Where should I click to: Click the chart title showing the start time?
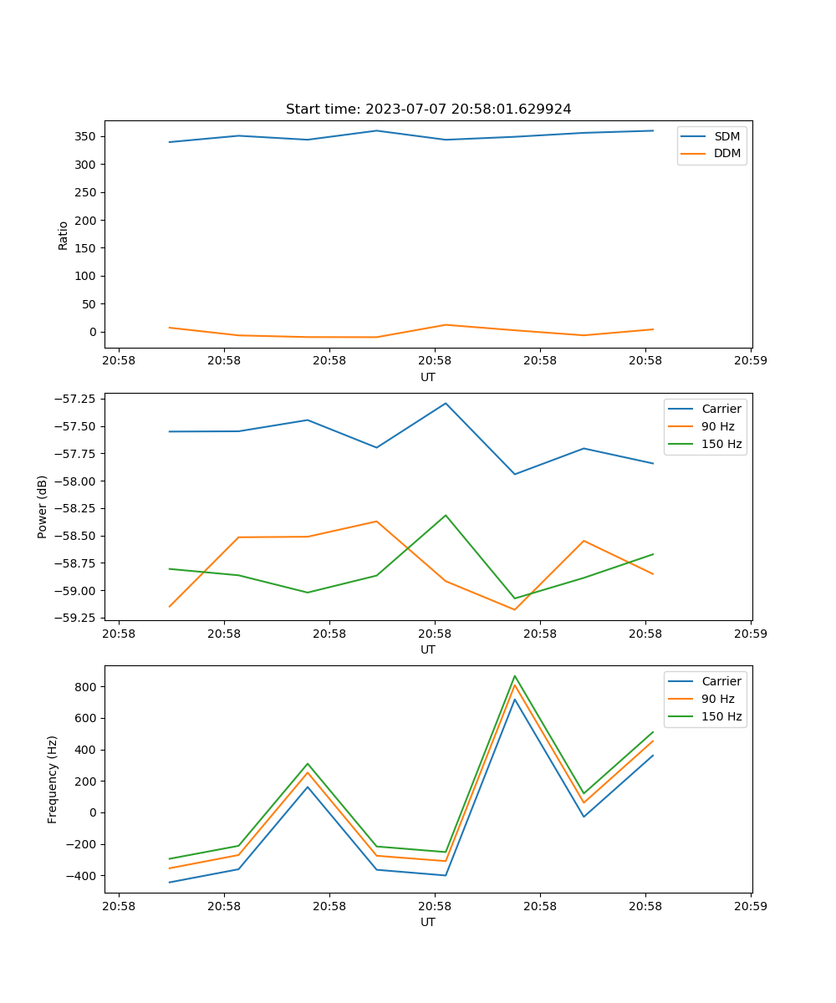(428, 109)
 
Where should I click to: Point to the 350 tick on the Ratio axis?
(88, 136)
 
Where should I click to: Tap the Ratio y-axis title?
(64, 235)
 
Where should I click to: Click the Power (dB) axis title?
(43, 507)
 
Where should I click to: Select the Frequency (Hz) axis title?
(53, 779)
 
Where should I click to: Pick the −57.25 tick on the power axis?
(74, 399)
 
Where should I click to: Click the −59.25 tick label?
(74, 618)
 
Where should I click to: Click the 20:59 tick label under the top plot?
(751, 362)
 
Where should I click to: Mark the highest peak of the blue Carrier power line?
(446, 403)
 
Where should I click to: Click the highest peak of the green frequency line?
(515, 676)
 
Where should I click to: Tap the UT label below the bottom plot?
(428, 922)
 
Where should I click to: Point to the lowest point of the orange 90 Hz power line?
(515, 609)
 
